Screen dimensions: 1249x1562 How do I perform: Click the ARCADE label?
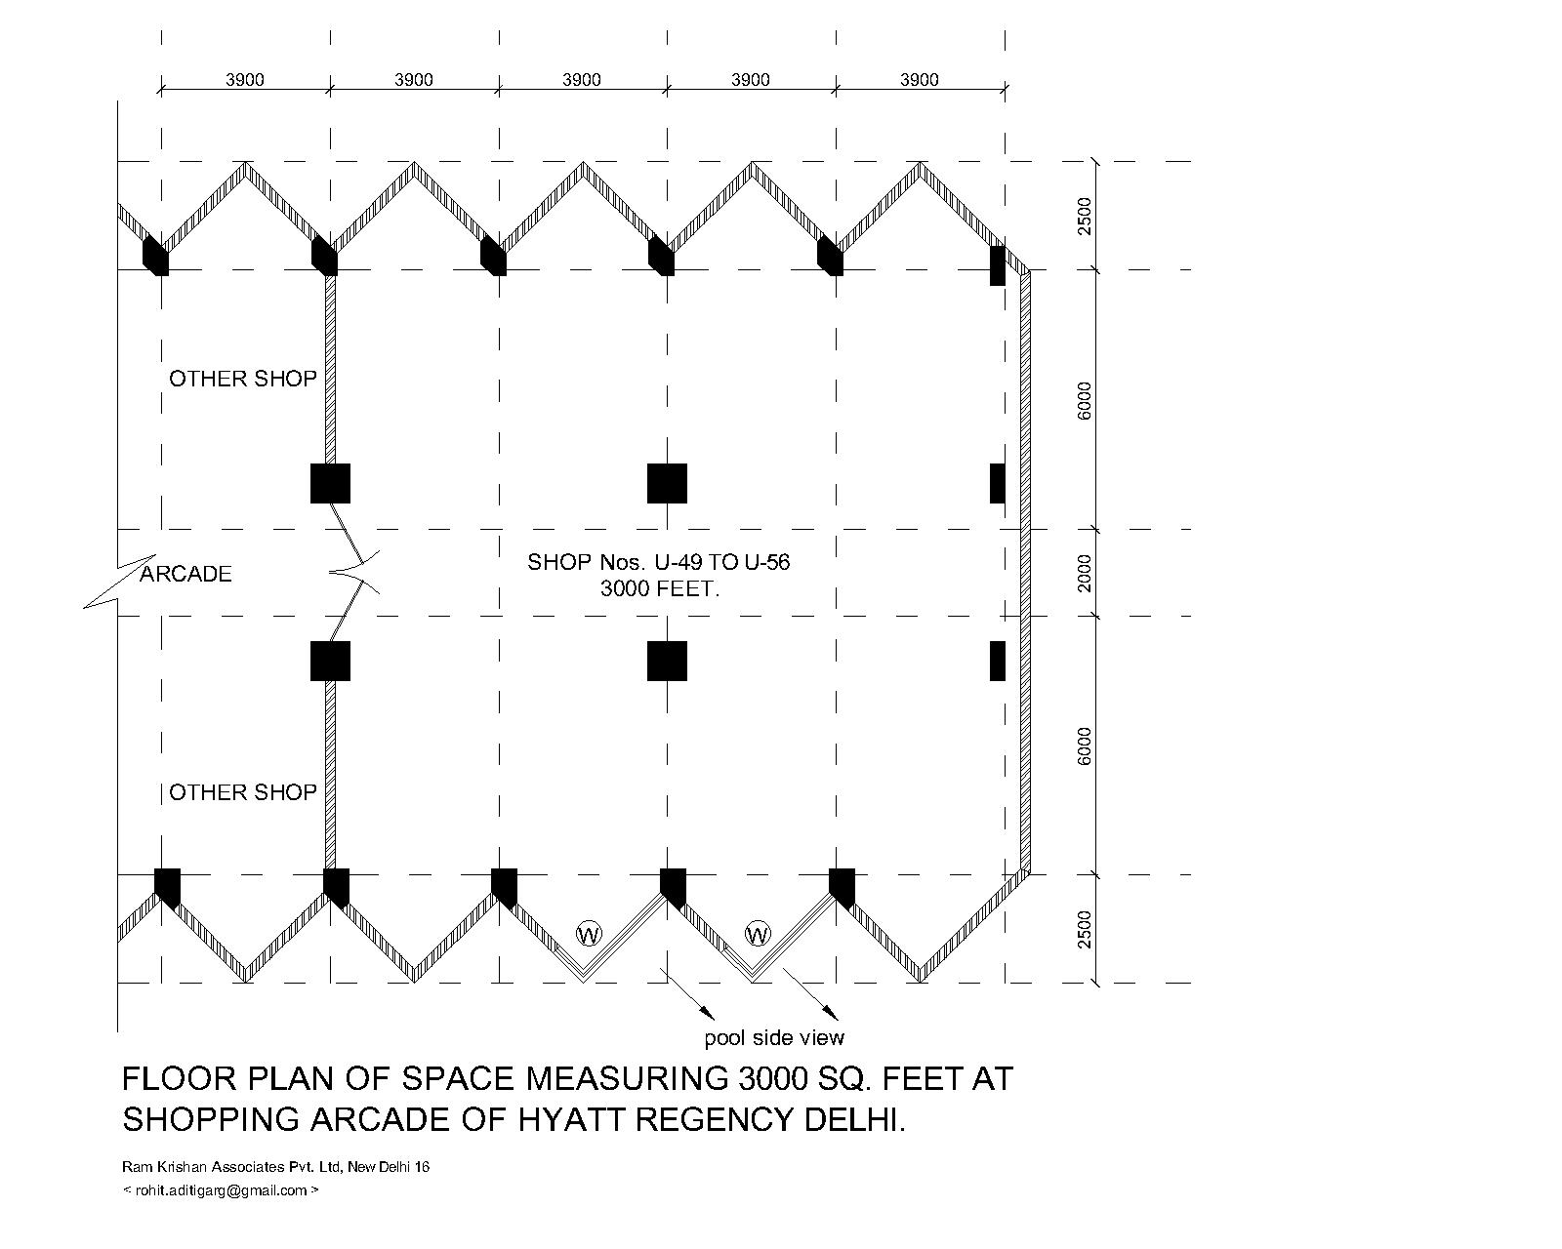186,574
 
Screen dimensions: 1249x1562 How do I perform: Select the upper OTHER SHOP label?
243,379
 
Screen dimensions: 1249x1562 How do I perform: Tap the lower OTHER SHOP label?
243,792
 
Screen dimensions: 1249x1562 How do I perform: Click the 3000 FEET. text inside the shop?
659,589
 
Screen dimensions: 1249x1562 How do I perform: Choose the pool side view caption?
774,1037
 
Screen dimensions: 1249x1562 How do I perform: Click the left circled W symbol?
589,934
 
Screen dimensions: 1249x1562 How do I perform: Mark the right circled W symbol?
758,934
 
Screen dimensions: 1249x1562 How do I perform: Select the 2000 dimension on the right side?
1085,573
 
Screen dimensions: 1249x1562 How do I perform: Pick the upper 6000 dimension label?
1085,400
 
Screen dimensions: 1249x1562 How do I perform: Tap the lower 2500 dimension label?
1085,929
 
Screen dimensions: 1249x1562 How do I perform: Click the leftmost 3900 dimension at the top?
245,80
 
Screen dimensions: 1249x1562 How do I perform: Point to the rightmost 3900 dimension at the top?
919,80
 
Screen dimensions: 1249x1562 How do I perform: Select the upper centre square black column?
668,483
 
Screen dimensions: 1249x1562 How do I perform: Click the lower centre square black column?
668,661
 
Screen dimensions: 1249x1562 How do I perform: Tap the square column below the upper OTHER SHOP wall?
330,483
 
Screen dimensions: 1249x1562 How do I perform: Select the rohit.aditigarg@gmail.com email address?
221,1190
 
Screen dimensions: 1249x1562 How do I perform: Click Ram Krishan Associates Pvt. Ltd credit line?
275,1167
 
